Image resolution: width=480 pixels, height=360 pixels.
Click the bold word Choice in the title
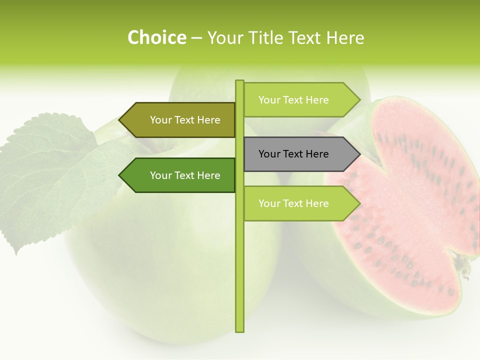click(x=156, y=37)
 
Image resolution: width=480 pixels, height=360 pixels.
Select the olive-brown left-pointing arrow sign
click(x=180, y=120)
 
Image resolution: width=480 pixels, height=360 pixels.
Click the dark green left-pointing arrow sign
click(x=180, y=175)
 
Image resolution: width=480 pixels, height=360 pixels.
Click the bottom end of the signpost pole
click(x=239, y=330)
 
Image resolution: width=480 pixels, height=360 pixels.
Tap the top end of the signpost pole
click(x=239, y=82)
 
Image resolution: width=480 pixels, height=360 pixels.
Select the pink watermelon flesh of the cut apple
click(x=415, y=200)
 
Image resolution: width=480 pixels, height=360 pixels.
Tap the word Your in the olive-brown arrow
click(x=161, y=120)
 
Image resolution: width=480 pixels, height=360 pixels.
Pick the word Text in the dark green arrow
click(x=184, y=175)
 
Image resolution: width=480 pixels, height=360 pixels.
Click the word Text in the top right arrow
click(x=293, y=100)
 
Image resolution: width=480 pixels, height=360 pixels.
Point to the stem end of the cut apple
click(x=465, y=265)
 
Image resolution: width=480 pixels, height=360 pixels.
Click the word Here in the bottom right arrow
click(x=316, y=203)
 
